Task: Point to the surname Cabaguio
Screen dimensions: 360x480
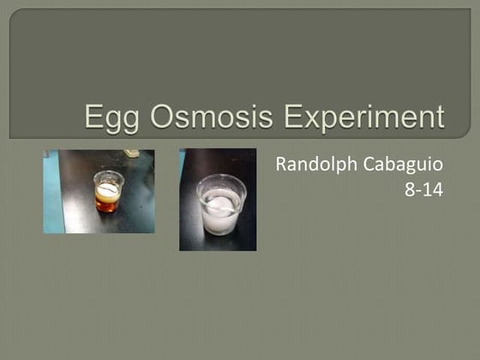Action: [x=405, y=165]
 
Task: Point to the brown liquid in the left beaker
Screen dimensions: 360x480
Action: [x=107, y=204]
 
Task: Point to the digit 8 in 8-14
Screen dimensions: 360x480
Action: [x=410, y=189]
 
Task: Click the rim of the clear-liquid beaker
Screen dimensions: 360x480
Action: [x=220, y=179]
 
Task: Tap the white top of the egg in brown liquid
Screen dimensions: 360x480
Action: [x=107, y=189]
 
